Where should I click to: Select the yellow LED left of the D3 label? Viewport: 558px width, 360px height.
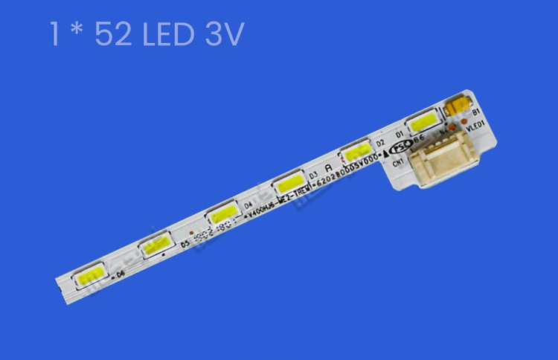(x=287, y=182)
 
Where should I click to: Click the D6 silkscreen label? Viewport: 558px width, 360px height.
(x=121, y=274)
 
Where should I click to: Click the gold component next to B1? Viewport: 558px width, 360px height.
(x=456, y=108)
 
